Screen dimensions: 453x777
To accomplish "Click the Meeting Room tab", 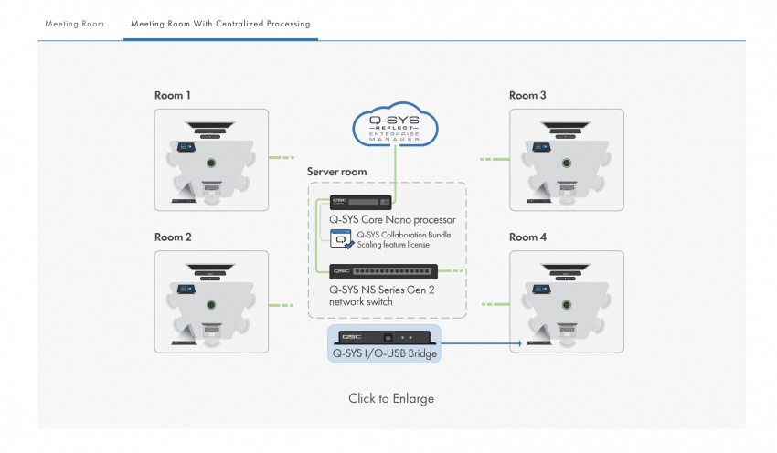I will (75, 23).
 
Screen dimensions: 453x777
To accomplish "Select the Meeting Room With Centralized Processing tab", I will (220, 23).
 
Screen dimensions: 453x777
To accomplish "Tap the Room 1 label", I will (173, 95).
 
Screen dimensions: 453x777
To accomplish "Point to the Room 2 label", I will (173, 237).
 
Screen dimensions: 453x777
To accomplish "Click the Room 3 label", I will (527, 95).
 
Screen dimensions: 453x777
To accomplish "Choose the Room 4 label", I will (527, 237).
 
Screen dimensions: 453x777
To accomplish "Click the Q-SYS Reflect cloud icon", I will (395, 128).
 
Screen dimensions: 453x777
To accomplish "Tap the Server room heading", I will (337, 172).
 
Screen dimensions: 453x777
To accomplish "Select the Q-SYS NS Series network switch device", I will (384, 271).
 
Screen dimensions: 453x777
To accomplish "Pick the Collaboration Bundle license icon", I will (341, 239).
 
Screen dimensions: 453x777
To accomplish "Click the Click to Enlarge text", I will (391, 399).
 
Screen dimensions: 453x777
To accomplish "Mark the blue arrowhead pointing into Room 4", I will (520, 343).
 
